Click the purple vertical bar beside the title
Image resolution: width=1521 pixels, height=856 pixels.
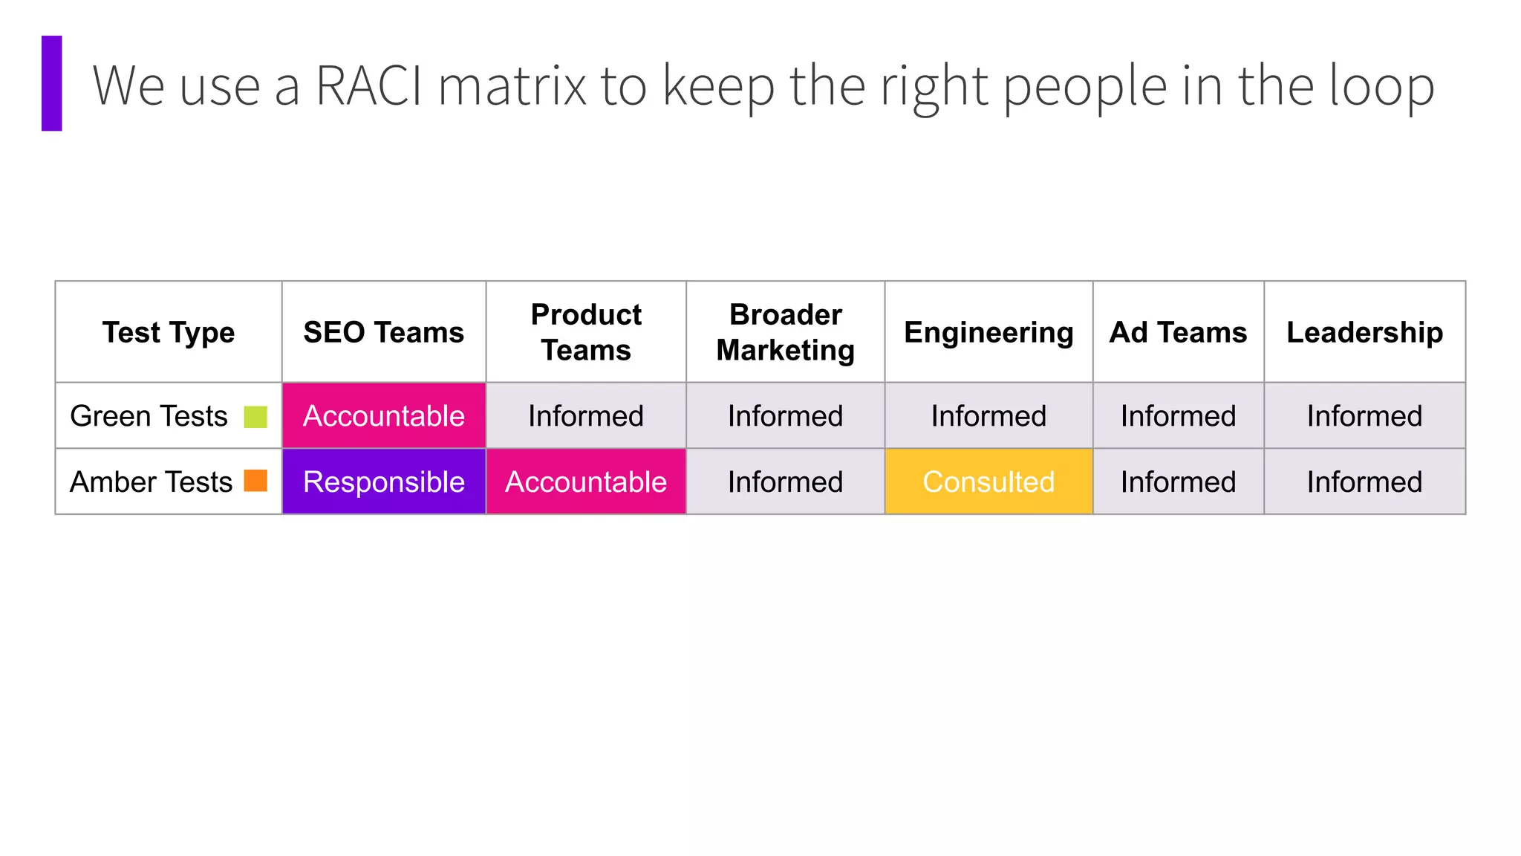click(51, 83)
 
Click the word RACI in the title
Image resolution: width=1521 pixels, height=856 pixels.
click(368, 85)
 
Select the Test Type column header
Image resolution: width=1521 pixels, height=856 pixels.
click(169, 332)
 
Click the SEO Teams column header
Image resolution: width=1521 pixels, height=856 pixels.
click(383, 332)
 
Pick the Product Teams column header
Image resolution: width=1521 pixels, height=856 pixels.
click(586, 332)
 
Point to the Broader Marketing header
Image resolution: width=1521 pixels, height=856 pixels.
click(785, 332)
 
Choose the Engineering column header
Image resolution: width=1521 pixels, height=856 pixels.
click(989, 332)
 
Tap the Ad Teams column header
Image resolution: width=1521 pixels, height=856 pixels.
click(1178, 332)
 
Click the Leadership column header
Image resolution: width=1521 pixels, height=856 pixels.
click(1364, 332)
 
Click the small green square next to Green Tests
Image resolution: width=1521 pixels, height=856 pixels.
click(255, 417)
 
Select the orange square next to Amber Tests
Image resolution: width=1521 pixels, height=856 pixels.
click(255, 481)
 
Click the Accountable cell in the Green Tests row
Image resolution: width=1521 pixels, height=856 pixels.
click(383, 416)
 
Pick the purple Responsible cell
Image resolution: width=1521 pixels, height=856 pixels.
click(383, 481)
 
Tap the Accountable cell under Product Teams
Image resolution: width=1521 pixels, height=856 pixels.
click(586, 481)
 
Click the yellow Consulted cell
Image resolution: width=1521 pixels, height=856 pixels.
click(989, 481)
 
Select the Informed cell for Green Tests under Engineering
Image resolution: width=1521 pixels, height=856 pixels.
click(989, 416)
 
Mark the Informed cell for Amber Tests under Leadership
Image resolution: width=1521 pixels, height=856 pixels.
click(1364, 481)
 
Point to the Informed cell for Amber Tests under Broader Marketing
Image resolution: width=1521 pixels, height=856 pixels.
click(785, 481)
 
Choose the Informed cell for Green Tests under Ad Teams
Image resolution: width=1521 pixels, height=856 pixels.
click(1178, 416)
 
